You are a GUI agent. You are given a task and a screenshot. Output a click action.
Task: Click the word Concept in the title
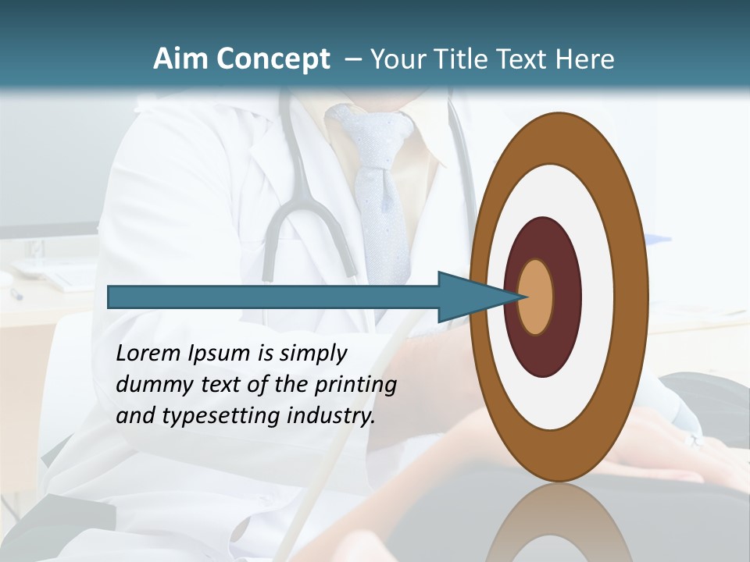(273, 59)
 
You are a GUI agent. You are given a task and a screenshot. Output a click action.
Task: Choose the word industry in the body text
(331, 416)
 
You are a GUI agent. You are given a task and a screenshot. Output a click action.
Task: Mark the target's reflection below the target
(559, 527)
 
